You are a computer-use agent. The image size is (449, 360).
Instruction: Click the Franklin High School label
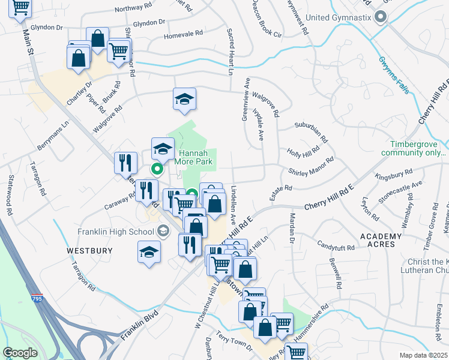(x=116, y=232)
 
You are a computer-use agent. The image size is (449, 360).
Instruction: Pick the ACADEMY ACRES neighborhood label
(x=381, y=240)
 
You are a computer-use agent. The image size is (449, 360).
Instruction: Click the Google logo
(x=20, y=352)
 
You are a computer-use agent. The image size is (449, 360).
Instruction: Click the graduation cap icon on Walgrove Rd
(x=185, y=100)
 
